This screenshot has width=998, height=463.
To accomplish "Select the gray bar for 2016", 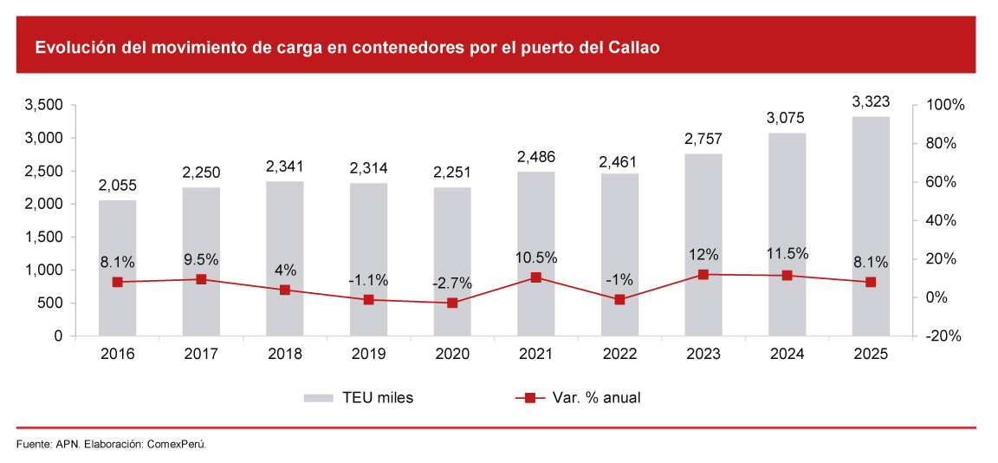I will pos(117,268).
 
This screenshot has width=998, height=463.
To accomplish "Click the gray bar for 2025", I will pos(871,225).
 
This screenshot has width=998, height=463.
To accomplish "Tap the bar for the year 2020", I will pos(452,261).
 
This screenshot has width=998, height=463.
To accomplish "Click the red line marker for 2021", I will pos(535,277).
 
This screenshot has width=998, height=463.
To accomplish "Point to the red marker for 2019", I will pos(368,300).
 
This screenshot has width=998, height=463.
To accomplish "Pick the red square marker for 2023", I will pos(703,274).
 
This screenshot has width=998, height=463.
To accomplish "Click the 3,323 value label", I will pos(871,101).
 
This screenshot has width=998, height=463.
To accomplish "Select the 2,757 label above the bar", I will pos(703,139).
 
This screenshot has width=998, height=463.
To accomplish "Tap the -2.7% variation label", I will pos(452,283).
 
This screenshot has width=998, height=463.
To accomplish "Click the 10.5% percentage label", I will pos(535,258).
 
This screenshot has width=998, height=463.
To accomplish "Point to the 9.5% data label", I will pos(200,259).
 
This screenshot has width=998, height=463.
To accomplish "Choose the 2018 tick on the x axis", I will pos(285,354).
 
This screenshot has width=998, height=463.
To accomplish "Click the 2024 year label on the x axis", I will pos(787,354).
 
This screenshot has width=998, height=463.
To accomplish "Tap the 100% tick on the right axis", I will pos(944,105).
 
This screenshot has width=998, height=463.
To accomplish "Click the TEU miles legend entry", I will pos(359,398).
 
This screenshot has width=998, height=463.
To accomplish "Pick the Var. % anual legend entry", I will pos(578,398).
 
